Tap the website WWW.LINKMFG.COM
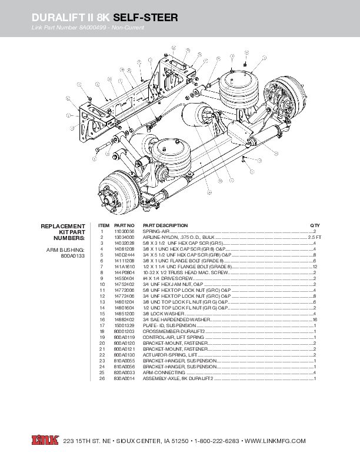(x=275, y=441)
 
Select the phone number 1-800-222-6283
(x=216, y=441)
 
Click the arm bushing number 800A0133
(x=74, y=257)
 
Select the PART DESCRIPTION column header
(x=165, y=225)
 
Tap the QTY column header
(x=315, y=225)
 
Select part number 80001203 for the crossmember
(x=124, y=332)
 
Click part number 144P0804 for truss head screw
(x=124, y=273)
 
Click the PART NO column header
(x=124, y=225)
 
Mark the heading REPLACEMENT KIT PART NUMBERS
(x=64, y=232)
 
